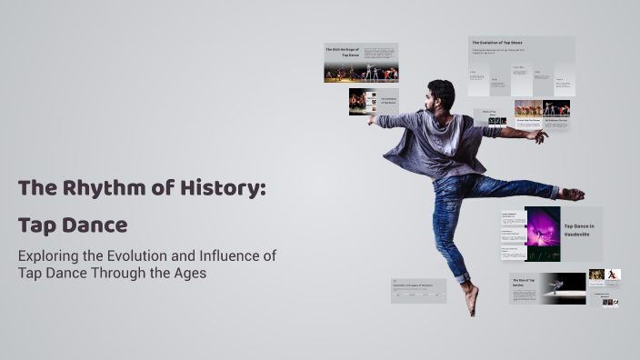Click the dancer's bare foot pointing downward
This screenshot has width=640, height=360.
click(471, 300)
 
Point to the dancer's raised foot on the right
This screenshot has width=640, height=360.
click(572, 194)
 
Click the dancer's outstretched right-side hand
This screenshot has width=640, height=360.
click(539, 136)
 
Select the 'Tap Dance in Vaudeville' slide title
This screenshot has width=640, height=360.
click(579, 230)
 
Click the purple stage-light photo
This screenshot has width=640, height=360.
click(543, 234)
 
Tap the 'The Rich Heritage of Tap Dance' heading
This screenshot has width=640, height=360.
click(344, 52)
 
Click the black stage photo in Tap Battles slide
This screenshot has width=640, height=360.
click(564, 286)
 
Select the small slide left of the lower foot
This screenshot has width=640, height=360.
click(418, 290)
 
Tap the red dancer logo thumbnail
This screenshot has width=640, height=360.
click(614, 274)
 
